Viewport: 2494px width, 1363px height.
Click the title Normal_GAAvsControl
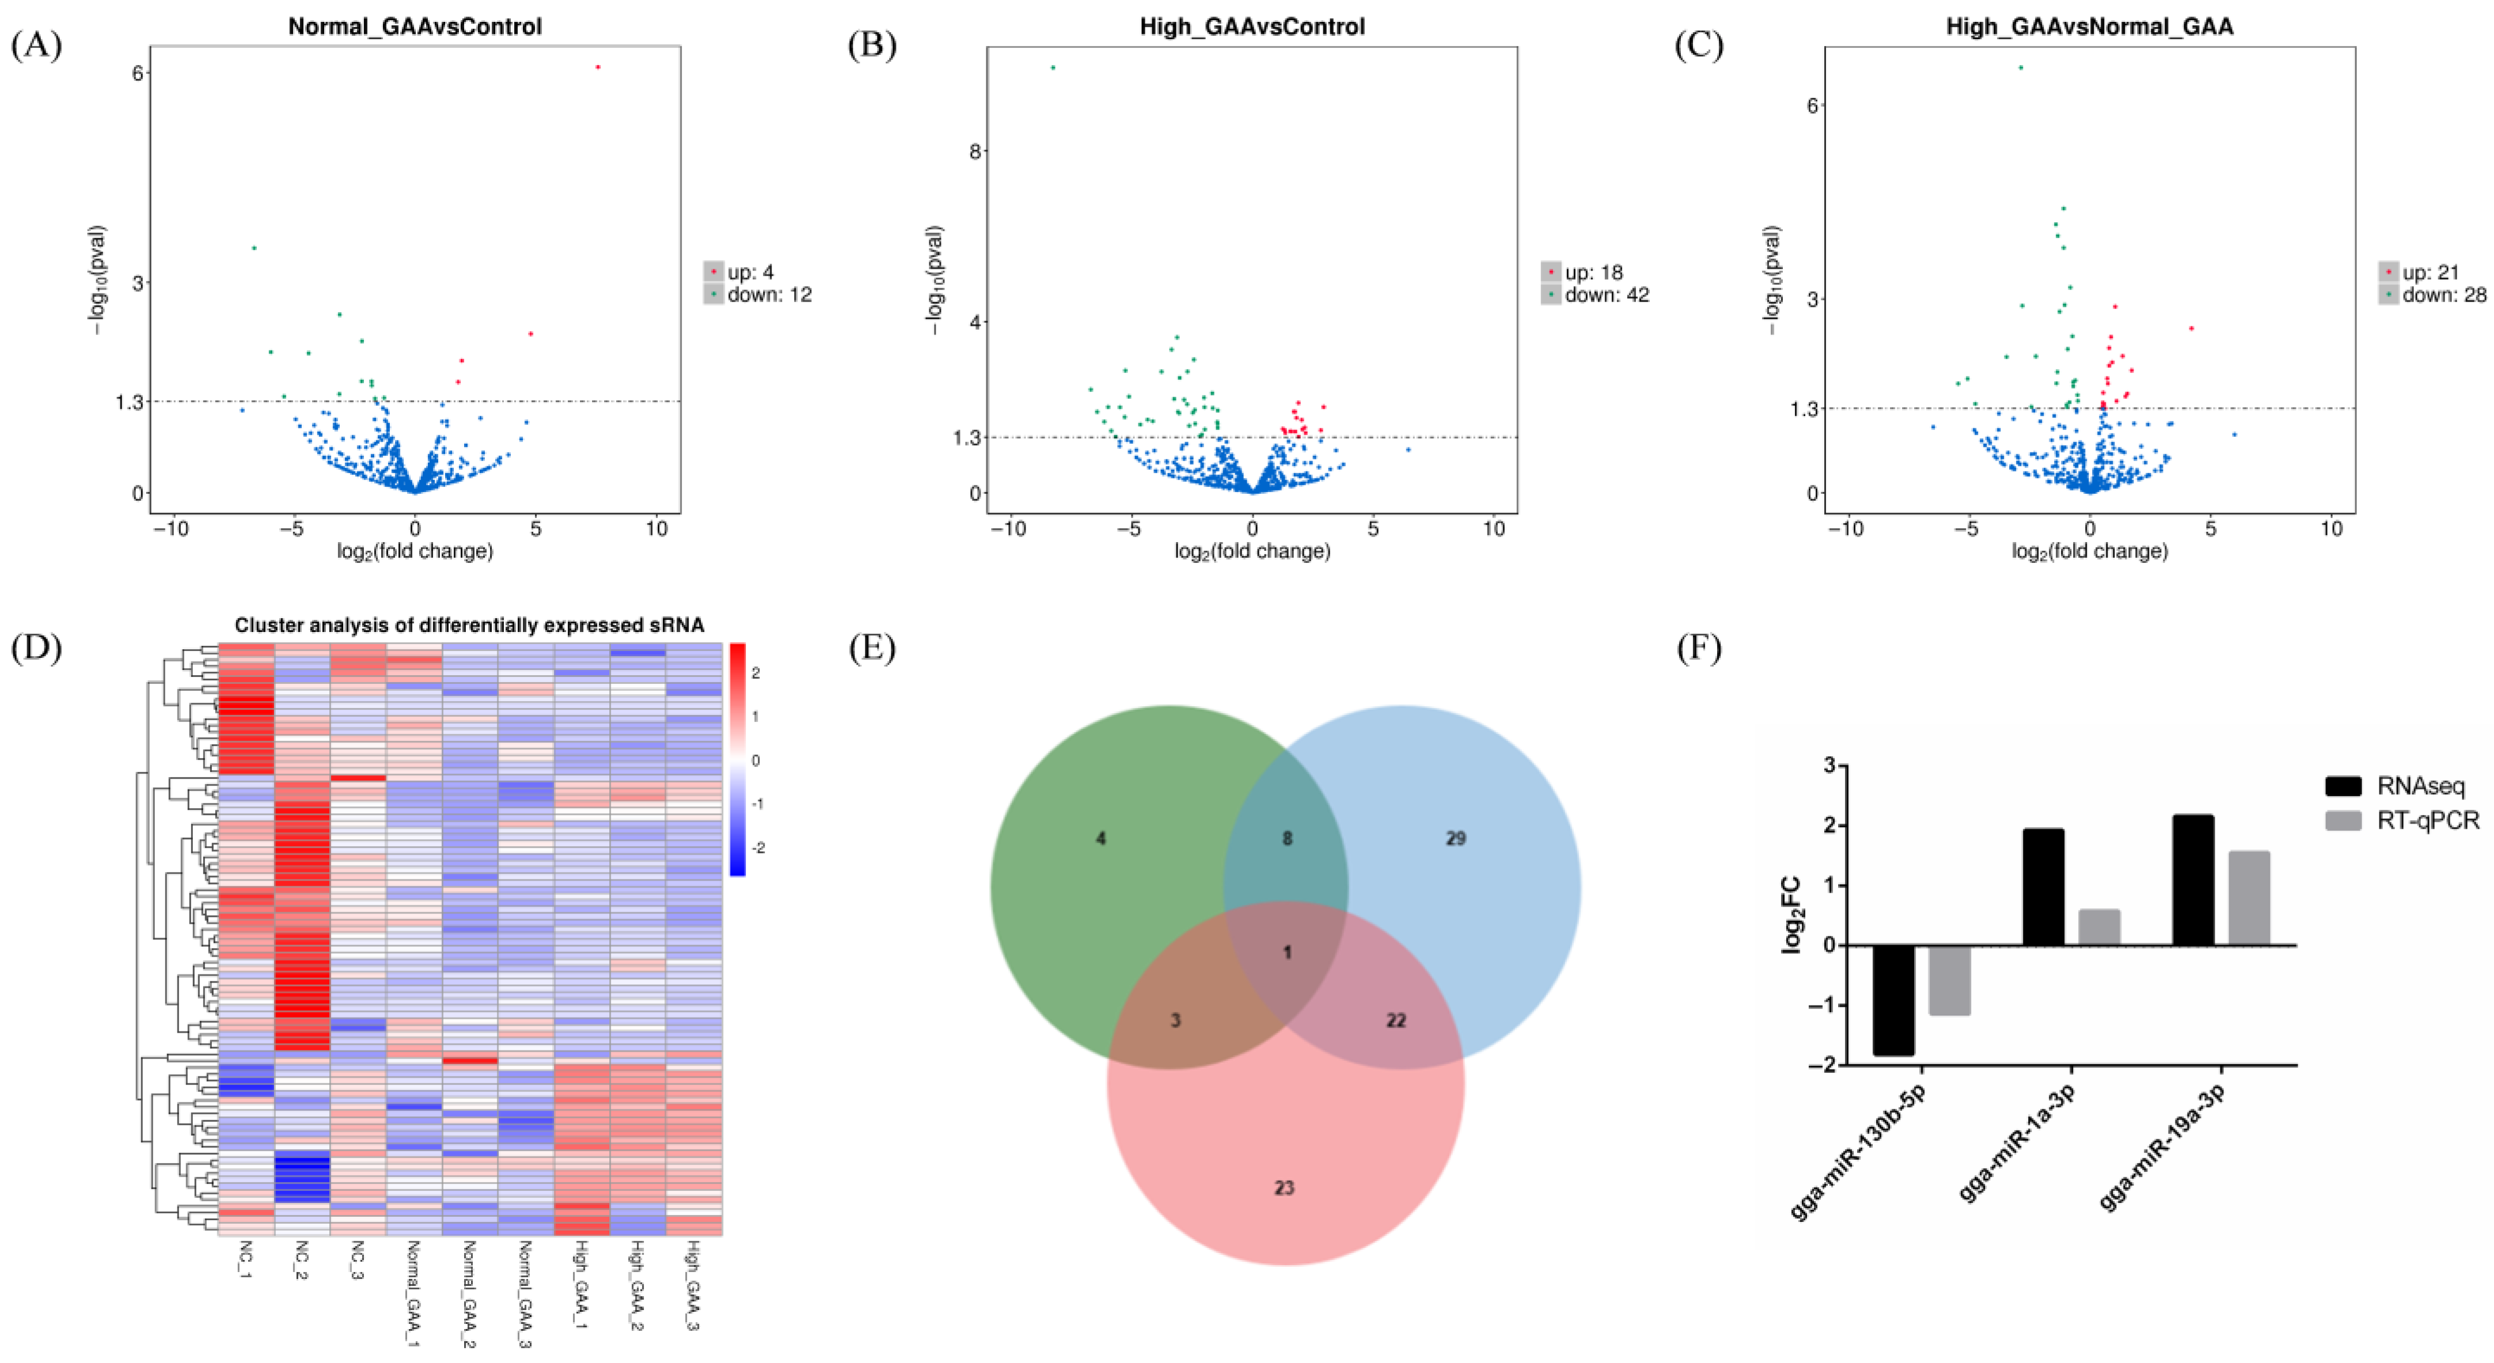click(x=415, y=26)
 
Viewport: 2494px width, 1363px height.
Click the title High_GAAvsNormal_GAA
click(x=2089, y=26)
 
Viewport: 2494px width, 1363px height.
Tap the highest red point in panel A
click(x=598, y=67)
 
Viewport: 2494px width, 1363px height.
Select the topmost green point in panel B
click(x=1053, y=68)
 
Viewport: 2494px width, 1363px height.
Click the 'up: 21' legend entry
click(x=2430, y=273)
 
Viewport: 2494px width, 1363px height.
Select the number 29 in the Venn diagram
click(x=1455, y=838)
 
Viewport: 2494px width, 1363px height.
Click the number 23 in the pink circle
click(x=1284, y=1188)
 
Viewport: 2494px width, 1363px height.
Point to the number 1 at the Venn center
click(x=1286, y=953)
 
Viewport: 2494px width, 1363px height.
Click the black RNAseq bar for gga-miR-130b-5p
click(x=1893, y=999)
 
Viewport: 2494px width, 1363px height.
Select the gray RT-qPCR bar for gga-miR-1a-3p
click(x=2099, y=927)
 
